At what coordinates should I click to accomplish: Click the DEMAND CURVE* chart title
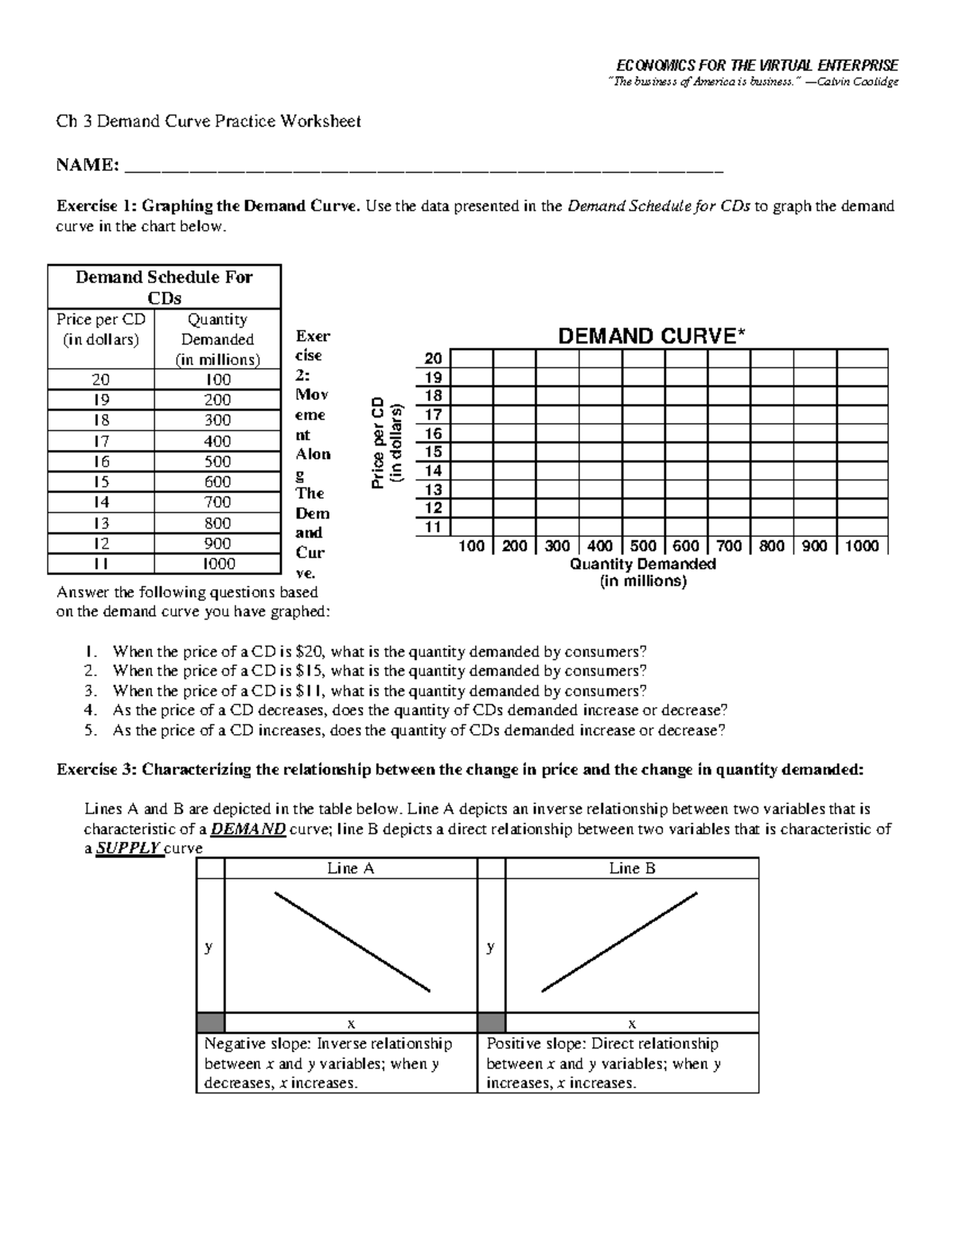click(x=652, y=336)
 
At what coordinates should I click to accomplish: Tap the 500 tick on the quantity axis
click(x=643, y=546)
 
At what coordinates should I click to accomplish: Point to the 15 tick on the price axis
click(x=433, y=452)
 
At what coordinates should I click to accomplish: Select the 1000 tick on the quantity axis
click(x=862, y=546)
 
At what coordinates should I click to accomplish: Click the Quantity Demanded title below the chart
click(x=643, y=565)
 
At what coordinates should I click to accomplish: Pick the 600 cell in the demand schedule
click(x=217, y=482)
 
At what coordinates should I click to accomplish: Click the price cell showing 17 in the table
click(x=101, y=441)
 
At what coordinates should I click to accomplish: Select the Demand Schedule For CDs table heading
click(x=164, y=287)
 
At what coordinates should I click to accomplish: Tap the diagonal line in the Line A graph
click(x=352, y=942)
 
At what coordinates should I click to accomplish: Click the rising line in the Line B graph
click(x=619, y=942)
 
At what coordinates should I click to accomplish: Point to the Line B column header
click(x=632, y=868)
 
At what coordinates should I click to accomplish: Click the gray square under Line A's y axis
click(x=210, y=1023)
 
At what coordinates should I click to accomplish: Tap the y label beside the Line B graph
click(x=491, y=946)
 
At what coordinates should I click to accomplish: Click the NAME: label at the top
click(x=88, y=165)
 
